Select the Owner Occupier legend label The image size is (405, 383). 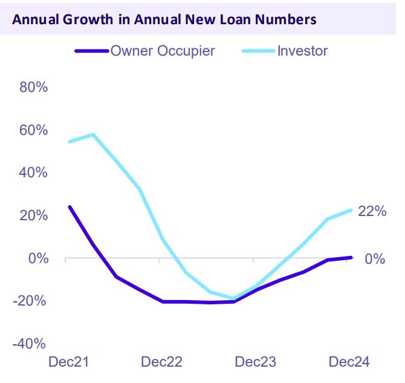click(162, 51)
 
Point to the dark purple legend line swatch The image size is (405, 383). click(91, 51)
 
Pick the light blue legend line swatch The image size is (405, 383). click(259, 51)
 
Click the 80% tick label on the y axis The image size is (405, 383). click(34, 87)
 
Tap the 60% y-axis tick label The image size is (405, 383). click(34, 130)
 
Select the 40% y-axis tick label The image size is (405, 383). click(34, 173)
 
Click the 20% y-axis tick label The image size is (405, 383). click(34, 216)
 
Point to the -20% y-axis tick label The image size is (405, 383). click(31, 301)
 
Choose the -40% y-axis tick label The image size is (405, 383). click(31, 344)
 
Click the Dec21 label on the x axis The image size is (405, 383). click(68, 362)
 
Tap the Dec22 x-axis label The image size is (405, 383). click(161, 362)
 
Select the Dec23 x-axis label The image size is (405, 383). click(255, 362)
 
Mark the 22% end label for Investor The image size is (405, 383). click(371, 211)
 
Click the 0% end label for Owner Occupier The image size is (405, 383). click(375, 259)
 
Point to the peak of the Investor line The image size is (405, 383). click(92, 134)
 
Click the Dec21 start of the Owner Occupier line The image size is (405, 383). click(70, 207)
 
